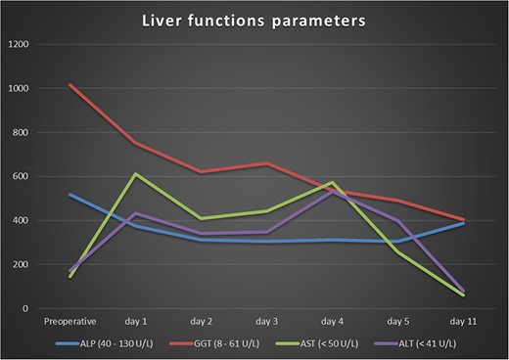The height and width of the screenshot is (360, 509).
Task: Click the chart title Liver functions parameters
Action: [x=254, y=21]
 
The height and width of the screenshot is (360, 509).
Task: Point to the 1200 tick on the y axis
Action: [x=21, y=45]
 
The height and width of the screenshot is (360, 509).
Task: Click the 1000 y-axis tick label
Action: [x=21, y=89]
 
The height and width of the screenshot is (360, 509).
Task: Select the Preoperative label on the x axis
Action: [x=69, y=321]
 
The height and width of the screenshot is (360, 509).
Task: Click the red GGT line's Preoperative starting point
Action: [x=69, y=85]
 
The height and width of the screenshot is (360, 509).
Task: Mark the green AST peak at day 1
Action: [x=136, y=174]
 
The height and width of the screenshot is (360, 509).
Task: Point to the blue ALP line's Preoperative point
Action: [x=69, y=195]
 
